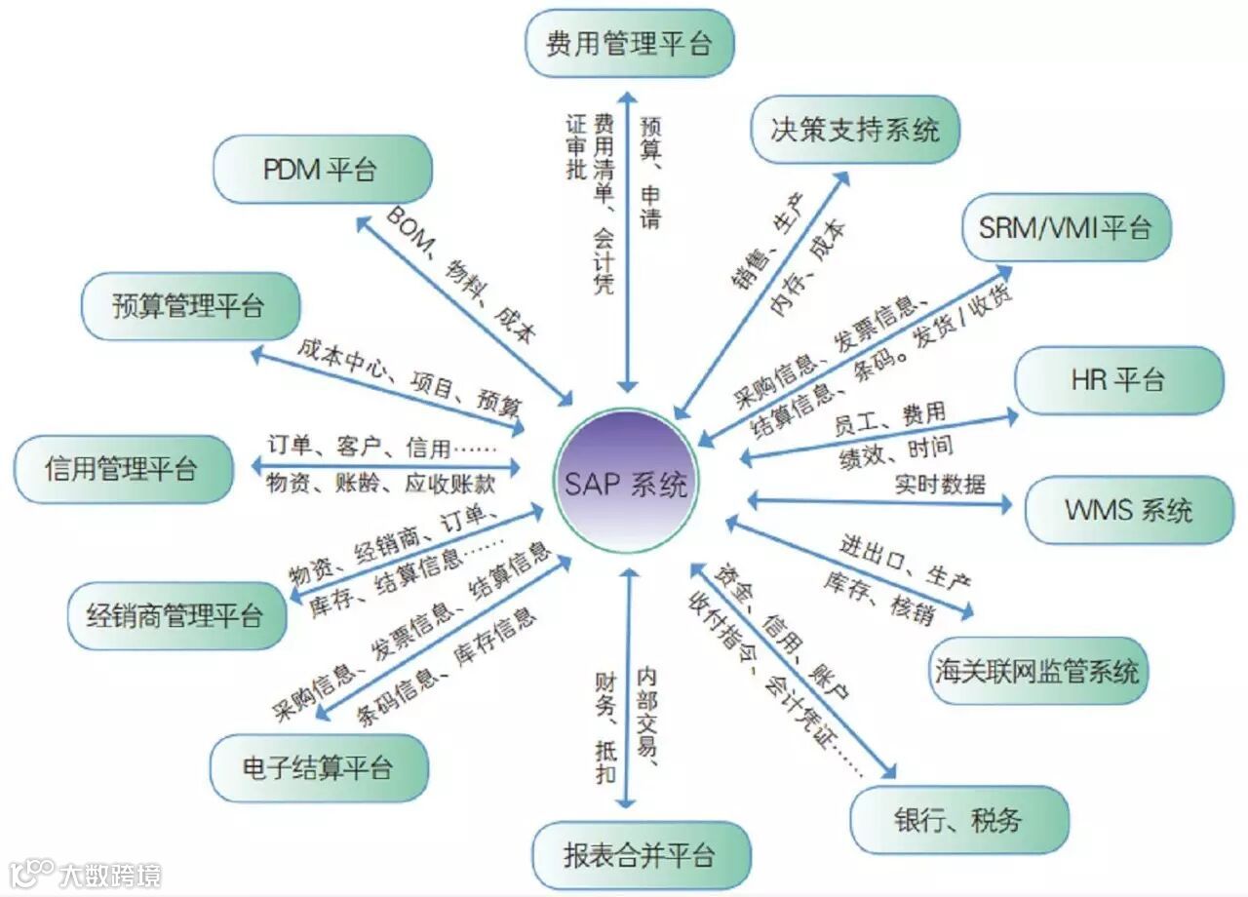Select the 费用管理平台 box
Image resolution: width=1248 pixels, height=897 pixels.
pyautogui.click(x=629, y=44)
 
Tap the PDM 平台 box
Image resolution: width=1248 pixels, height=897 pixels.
pyautogui.click(x=321, y=170)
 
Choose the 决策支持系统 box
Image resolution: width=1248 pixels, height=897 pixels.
pyautogui.click(x=855, y=129)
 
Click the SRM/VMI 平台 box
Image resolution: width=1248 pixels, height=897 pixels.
pyautogui.click(x=1066, y=227)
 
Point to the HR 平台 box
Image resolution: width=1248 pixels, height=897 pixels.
pyautogui.click(x=1118, y=379)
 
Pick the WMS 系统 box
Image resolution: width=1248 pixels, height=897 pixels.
pyautogui.click(x=1129, y=510)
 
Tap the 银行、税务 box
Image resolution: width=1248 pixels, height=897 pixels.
pyautogui.click(x=958, y=819)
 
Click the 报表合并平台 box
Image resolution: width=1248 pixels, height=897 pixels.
pyautogui.click(x=640, y=855)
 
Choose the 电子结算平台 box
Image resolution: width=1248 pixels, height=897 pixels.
pyautogui.click(x=318, y=767)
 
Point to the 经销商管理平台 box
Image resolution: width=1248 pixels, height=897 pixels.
pyautogui.click(x=175, y=616)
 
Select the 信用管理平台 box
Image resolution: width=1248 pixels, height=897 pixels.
pyautogui.click(x=122, y=469)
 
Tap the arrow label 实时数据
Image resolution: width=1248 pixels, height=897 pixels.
pyautogui.click(x=940, y=484)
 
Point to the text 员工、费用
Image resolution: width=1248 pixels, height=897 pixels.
pyautogui.click(x=890, y=419)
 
